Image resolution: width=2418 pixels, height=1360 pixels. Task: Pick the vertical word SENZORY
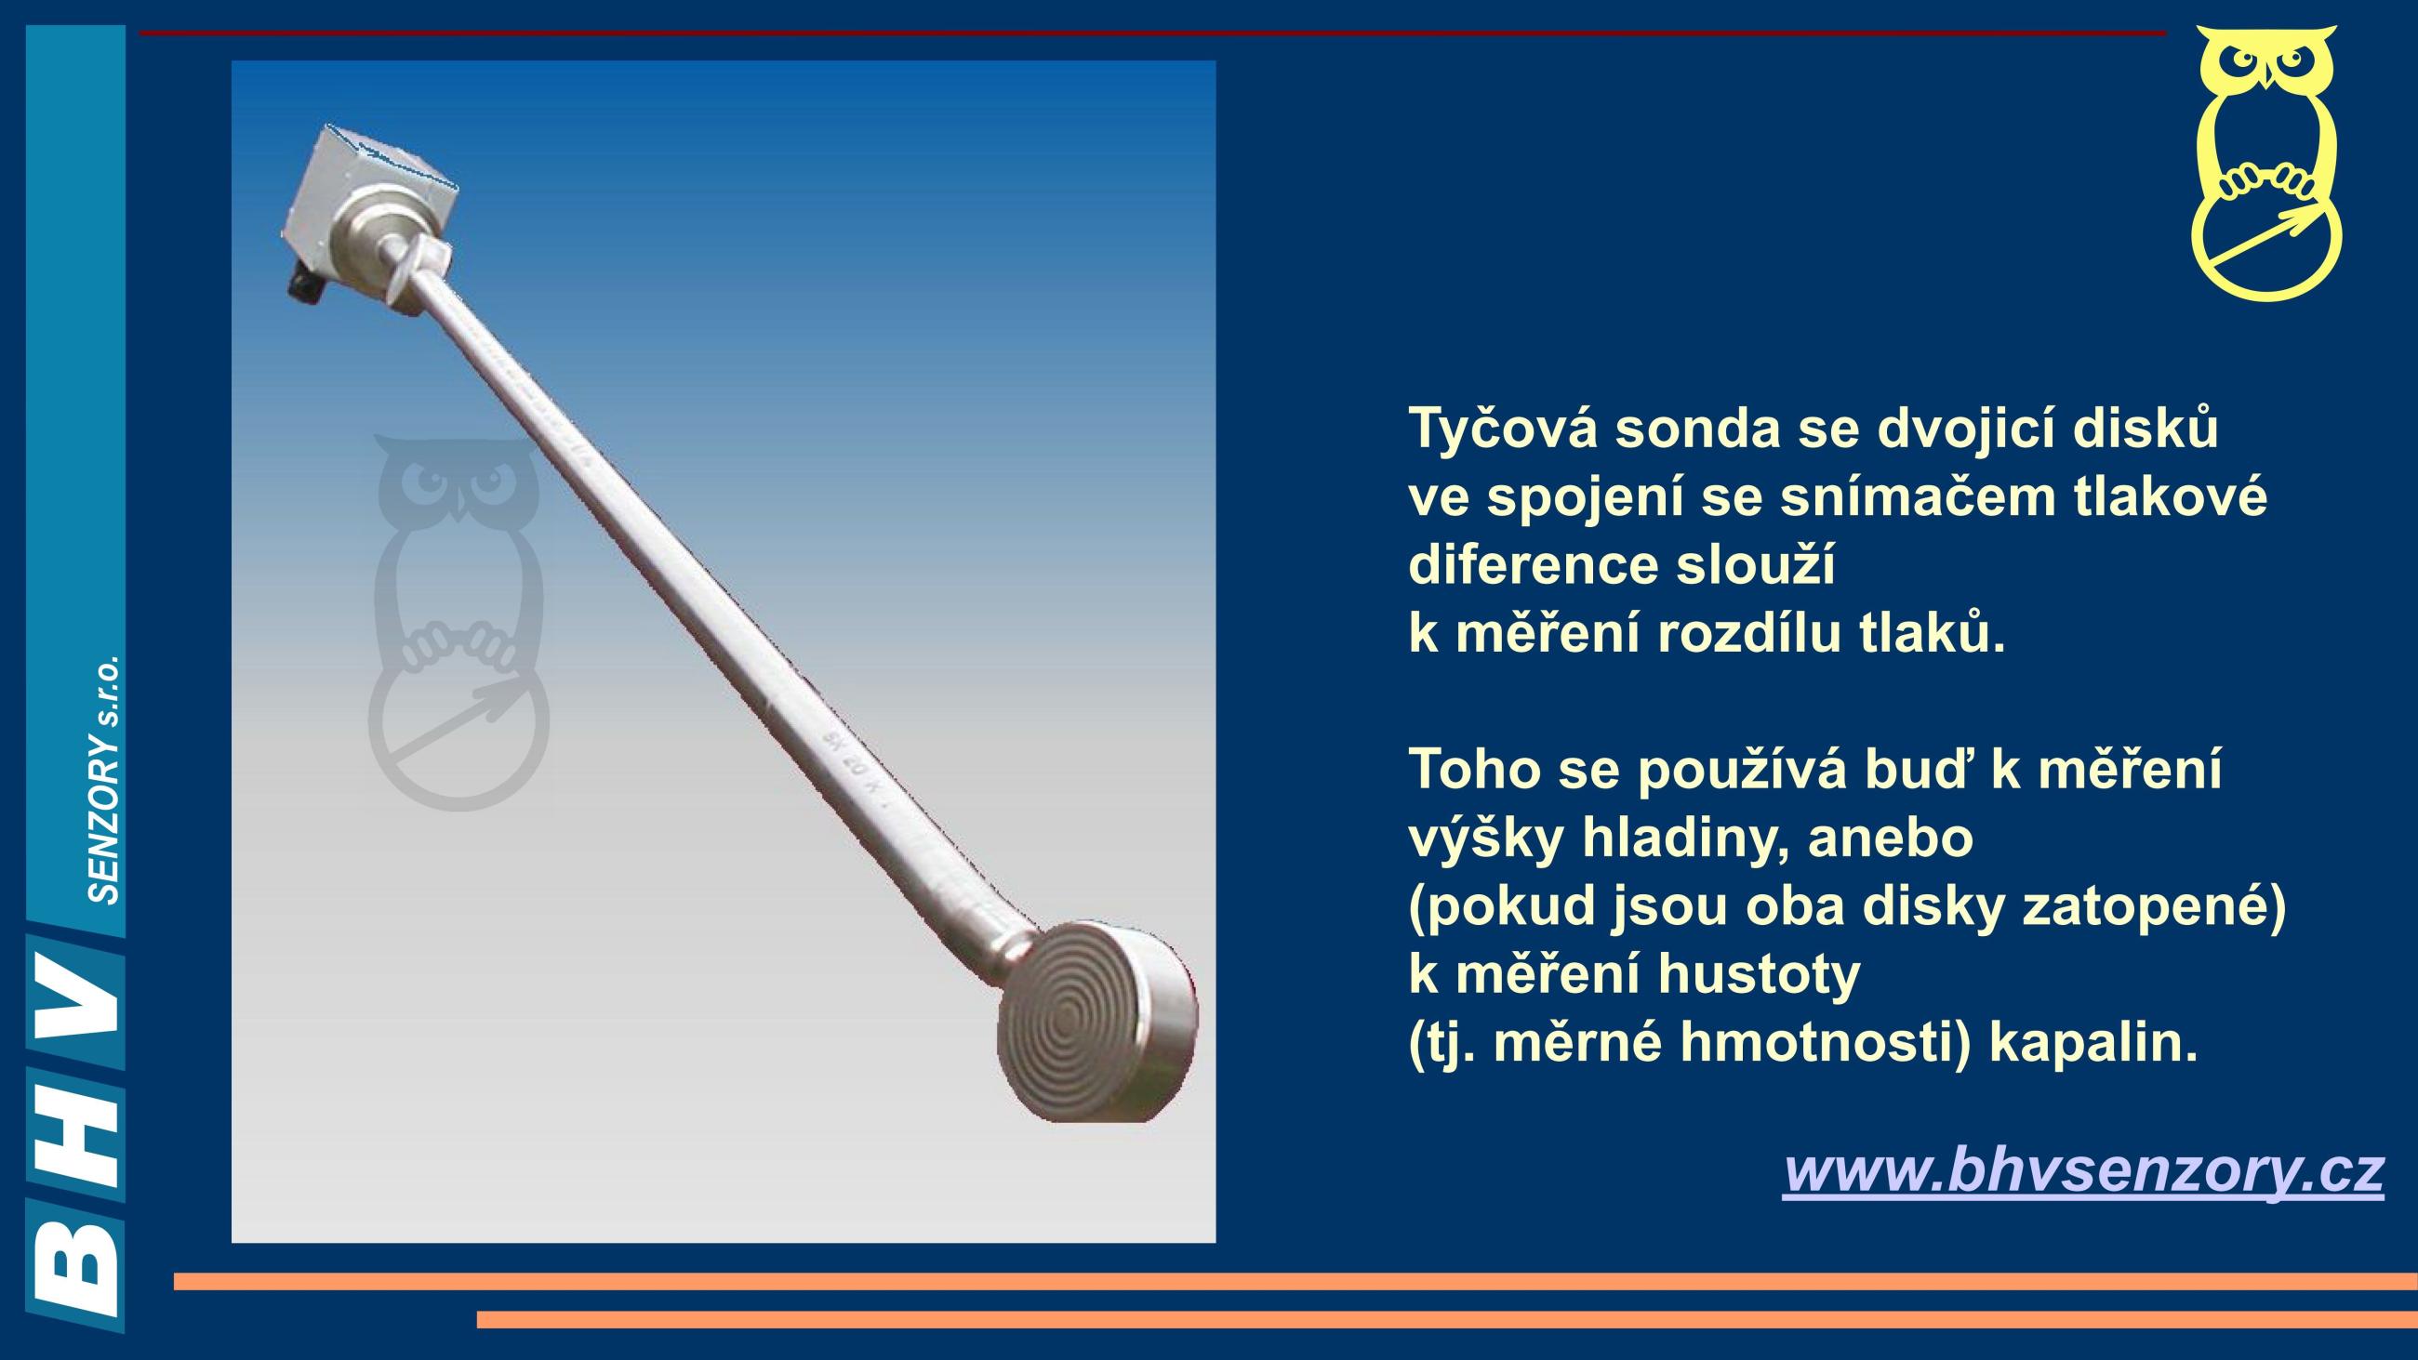(104, 817)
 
